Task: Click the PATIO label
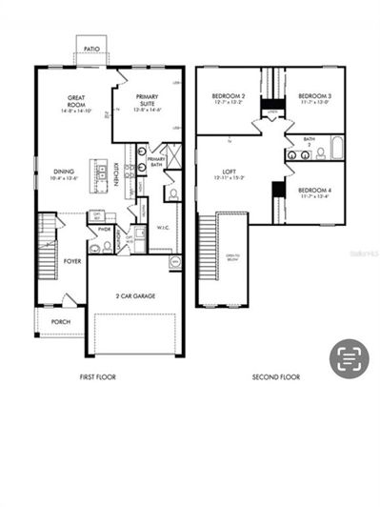tap(92, 47)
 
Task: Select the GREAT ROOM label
tap(77, 101)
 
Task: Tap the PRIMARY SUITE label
tap(147, 100)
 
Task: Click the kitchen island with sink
tap(99, 172)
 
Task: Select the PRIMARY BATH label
tap(156, 163)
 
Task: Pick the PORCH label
tap(60, 322)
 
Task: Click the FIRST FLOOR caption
tap(97, 377)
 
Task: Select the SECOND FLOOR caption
tap(276, 377)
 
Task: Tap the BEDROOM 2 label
tap(228, 99)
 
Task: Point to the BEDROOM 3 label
tap(313, 99)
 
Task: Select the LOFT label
tap(229, 174)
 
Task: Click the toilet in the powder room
tap(107, 246)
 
